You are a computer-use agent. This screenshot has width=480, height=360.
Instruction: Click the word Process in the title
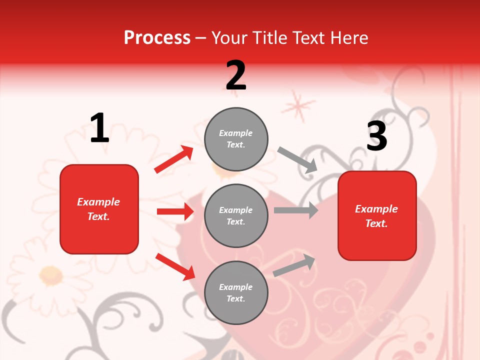157,38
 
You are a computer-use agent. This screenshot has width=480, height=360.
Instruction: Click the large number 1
99,128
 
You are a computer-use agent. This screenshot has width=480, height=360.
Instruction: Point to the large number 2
236,75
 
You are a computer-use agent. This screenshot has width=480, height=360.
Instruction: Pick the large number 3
376,136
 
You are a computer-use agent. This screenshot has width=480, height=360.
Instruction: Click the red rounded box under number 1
99,209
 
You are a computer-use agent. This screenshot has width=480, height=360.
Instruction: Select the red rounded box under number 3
377,215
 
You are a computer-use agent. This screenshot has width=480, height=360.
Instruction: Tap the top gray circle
236,139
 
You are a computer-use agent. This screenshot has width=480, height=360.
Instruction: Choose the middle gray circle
236,215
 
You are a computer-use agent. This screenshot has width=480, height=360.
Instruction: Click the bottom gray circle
236,292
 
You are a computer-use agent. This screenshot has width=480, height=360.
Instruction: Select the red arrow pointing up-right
174,159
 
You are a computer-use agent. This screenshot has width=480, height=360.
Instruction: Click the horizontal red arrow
175,211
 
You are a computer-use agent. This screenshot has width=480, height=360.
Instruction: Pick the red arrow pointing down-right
175,266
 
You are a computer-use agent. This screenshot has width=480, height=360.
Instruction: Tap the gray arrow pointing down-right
297,160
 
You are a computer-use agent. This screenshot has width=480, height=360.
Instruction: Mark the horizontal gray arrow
296,210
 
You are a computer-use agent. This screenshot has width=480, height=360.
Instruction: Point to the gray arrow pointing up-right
294,265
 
